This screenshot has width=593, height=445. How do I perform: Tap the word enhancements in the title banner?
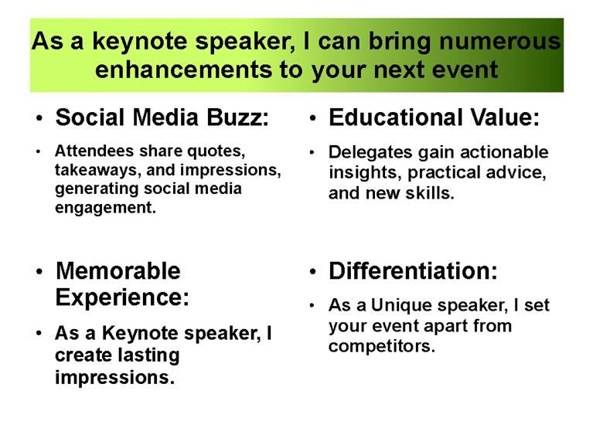point(183,70)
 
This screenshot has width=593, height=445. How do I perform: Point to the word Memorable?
point(118,271)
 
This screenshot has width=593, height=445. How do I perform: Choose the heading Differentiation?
point(413,271)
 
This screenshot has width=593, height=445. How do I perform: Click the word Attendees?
point(94,151)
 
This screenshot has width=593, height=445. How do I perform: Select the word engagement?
point(105,208)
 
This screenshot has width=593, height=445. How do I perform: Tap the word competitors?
point(382,346)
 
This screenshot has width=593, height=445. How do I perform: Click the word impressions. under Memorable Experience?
point(115,378)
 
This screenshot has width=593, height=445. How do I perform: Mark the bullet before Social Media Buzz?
point(39,119)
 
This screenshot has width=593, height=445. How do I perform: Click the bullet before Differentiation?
point(312,272)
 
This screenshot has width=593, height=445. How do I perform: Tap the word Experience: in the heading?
point(122,297)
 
